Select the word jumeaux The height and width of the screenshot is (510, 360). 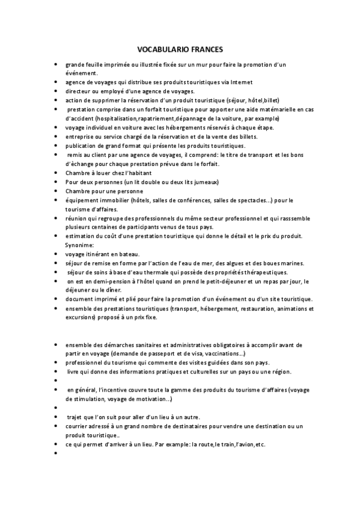[205, 182]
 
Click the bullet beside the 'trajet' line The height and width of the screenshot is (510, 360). [55, 417]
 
